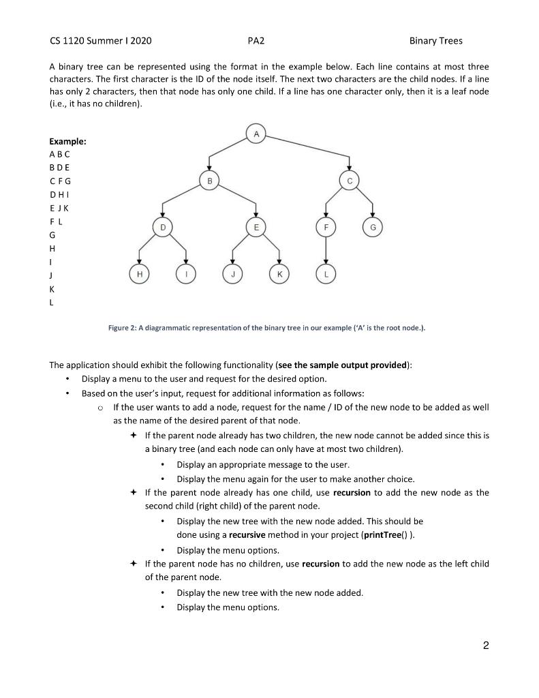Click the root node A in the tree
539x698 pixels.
click(x=256, y=134)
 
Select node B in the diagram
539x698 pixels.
click(x=210, y=180)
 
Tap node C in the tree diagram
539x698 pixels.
click(x=349, y=180)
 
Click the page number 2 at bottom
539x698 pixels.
click(x=485, y=646)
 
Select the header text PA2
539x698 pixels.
click(x=256, y=41)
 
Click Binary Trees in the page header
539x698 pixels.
click(x=435, y=41)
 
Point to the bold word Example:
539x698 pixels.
click(x=67, y=141)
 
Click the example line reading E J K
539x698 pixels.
click(x=59, y=208)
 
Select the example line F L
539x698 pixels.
click(x=57, y=221)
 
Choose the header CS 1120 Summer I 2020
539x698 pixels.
click(x=101, y=41)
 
